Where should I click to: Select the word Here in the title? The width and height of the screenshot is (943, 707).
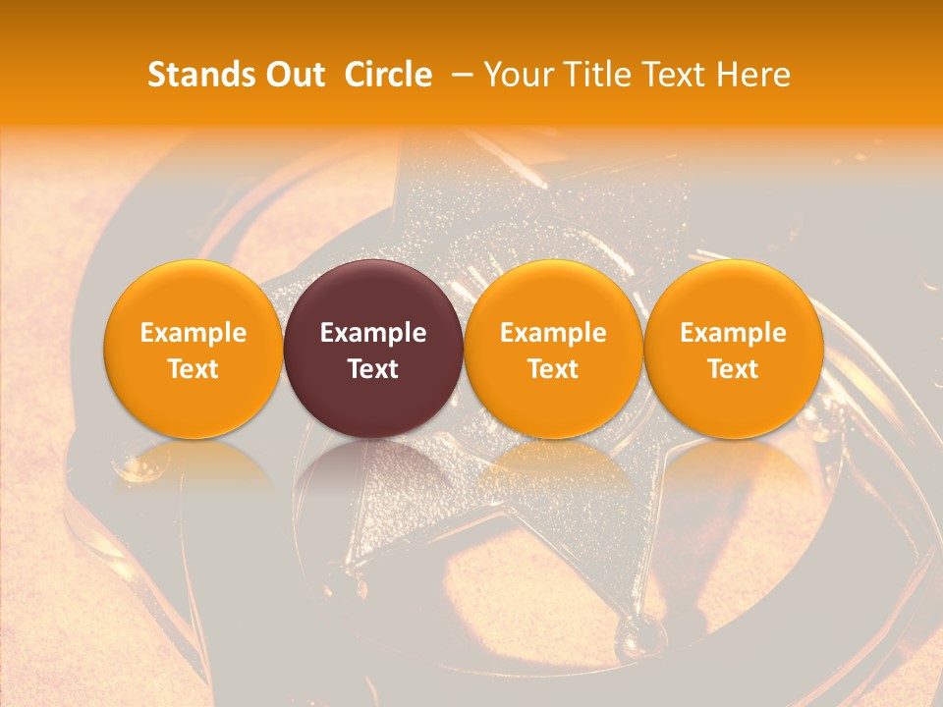pos(756,75)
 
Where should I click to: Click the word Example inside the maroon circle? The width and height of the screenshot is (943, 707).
pos(373,333)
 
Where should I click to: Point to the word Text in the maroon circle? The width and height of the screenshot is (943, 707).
pos(373,369)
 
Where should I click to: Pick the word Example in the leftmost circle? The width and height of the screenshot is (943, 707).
pos(194,333)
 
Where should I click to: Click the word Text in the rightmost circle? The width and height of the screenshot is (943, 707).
pos(734,369)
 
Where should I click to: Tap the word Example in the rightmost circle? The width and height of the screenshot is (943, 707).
pos(734,333)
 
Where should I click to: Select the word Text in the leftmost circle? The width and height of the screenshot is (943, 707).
pos(194,369)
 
